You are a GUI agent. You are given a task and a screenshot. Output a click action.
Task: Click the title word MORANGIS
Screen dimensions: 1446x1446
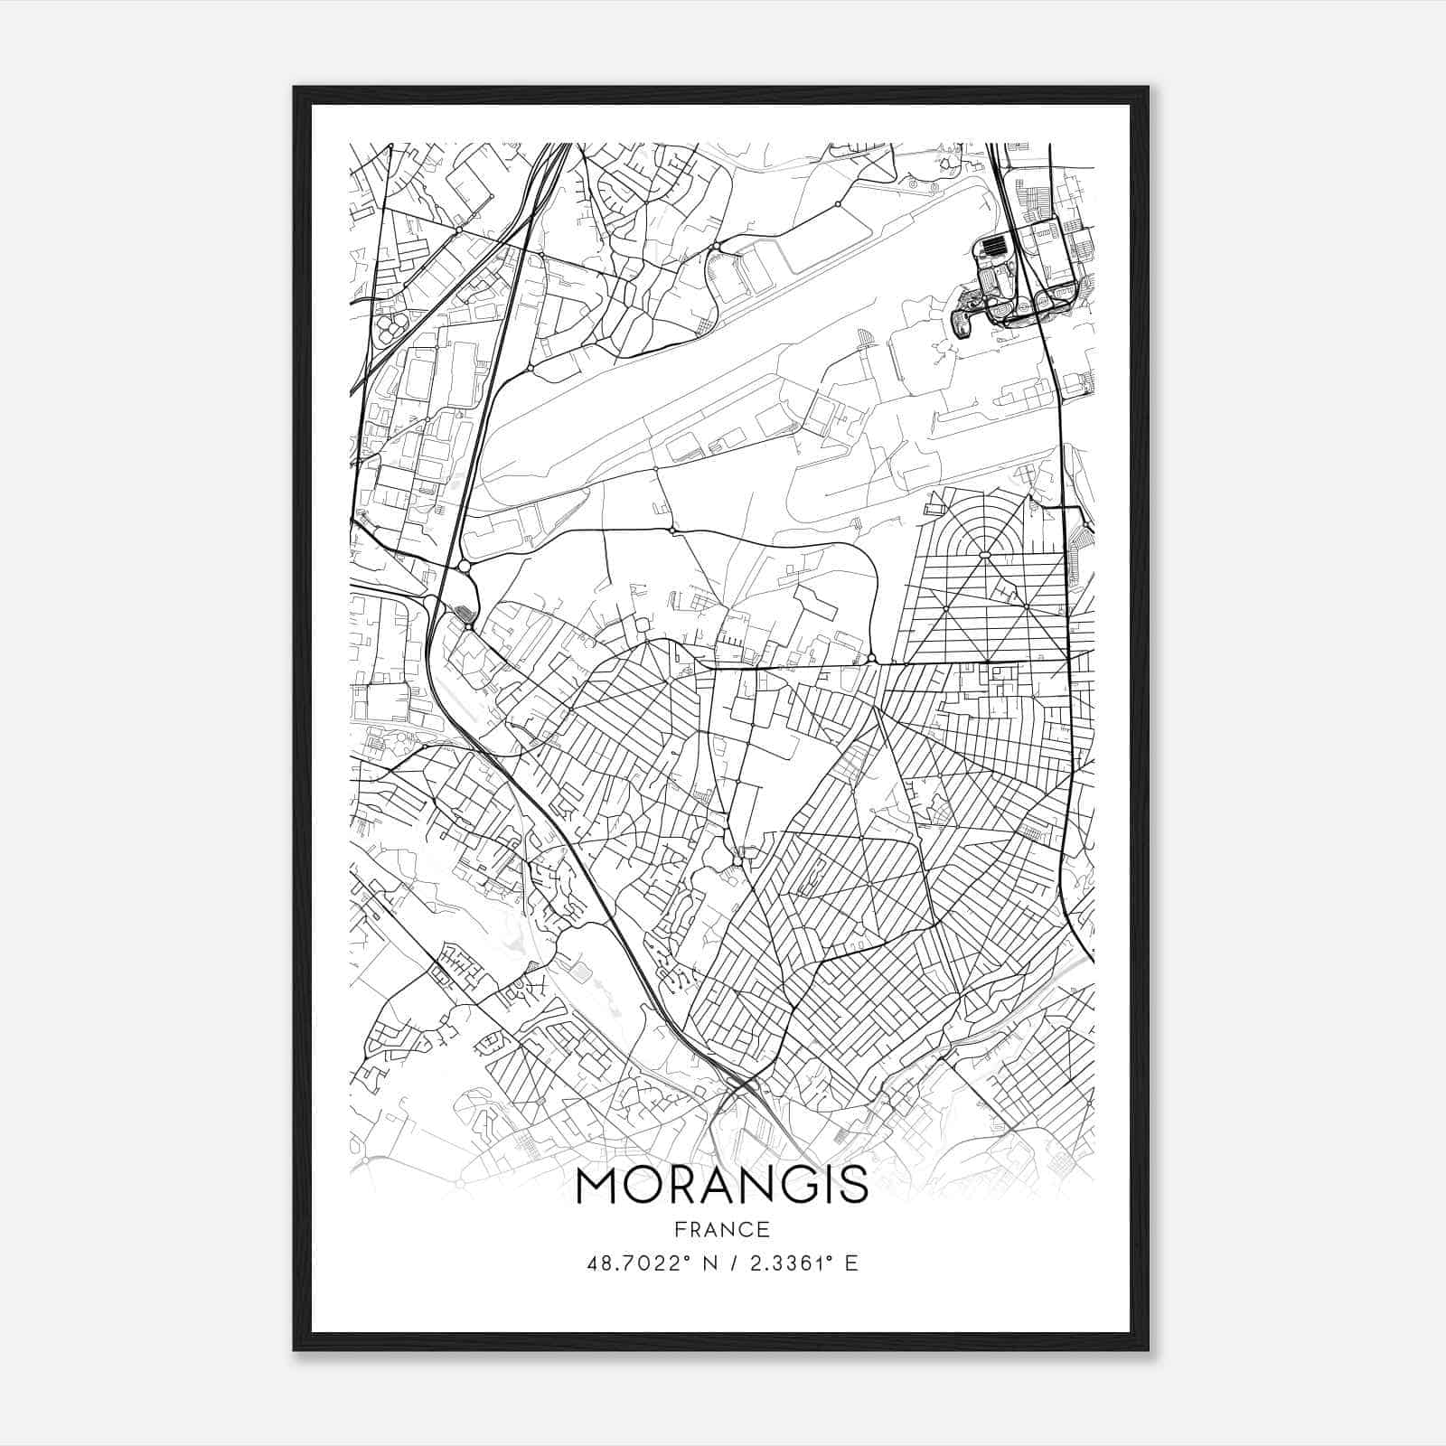tap(721, 1187)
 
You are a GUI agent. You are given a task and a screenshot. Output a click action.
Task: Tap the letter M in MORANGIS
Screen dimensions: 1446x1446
tap(597, 1187)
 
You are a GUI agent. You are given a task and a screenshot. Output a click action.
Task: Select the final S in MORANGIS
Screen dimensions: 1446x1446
tap(855, 1187)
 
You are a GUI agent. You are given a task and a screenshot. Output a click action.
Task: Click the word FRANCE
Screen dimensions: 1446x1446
tap(721, 1229)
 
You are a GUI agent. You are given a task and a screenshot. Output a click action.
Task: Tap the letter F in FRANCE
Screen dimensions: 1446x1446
tap(679, 1229)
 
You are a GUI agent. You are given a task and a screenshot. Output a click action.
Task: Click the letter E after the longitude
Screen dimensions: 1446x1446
tap(850, 1263)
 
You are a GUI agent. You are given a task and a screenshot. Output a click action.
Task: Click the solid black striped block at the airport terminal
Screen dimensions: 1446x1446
tap(993, 244)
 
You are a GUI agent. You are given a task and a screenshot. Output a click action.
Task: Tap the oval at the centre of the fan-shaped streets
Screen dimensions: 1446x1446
tap(984, 554)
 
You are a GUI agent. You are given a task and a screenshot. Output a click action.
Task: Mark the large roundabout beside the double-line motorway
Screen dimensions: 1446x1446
tap(465, 566)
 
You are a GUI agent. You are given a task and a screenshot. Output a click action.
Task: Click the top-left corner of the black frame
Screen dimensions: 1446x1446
tap(296, 89)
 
